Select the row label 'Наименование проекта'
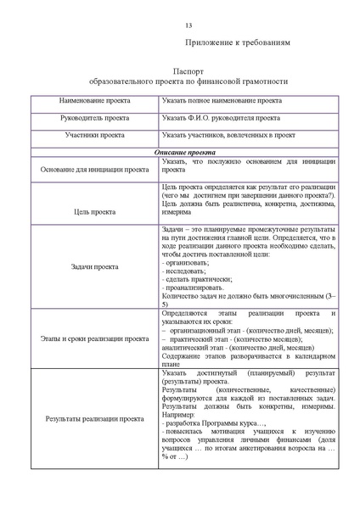[x=94, y=101]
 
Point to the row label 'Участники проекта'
[x=94, y=135]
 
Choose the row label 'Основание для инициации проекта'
[x=94, y=169]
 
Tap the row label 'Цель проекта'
[x=94, y=213]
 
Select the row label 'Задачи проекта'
[x=94, y=266]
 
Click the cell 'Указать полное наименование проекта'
[x=222, y=101]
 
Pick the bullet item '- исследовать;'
[x=183, y=272]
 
